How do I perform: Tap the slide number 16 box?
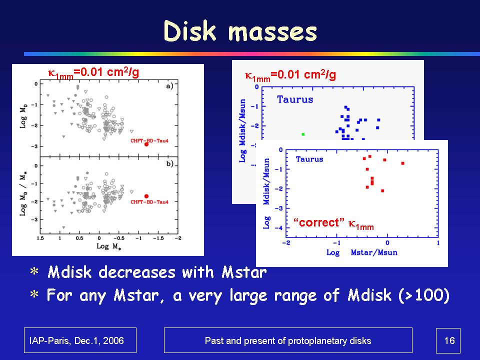(x=448, y=340)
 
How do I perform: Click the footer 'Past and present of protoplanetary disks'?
(x=288, y=340)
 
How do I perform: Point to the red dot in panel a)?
(x=146, y=144)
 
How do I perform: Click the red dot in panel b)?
(x=146, y=196)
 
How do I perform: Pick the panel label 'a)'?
(x=169, y=85)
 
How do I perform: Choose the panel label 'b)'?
(x=169, y=163)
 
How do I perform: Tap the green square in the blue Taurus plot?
(x=303, y=134)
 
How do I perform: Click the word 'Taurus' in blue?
(x=295, y=99)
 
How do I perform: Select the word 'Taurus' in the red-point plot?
(x=309, y=159)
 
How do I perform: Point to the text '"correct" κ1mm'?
(x=333, y=223)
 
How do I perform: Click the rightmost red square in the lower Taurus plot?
(x=402, y=163)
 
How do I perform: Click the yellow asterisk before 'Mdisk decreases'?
(x=34, y=273)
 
